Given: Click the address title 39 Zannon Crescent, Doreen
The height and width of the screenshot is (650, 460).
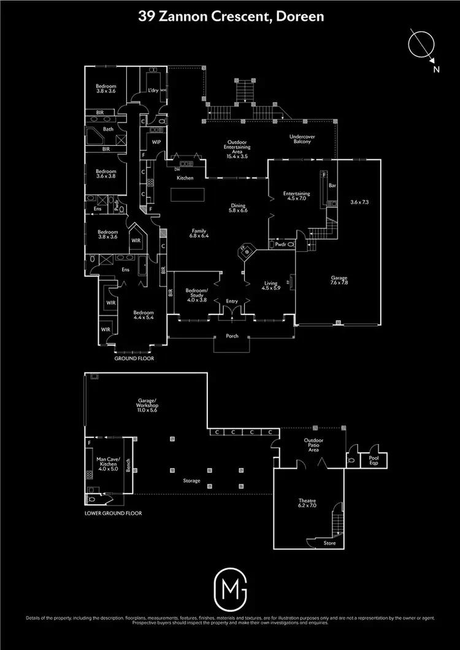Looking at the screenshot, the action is tap(230, 17).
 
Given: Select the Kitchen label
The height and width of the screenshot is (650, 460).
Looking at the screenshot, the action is tap(185, 178).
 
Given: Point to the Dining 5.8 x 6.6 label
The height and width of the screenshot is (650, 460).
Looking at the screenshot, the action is tap(238, 208).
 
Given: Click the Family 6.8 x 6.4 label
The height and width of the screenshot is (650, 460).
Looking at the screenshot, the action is tap(199, 233).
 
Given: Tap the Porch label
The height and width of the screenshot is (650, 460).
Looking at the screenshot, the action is tap(232, 336).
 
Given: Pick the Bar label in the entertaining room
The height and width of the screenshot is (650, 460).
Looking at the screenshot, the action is tap(333, 184).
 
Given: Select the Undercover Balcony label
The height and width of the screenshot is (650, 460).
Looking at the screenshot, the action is tap(301, 139).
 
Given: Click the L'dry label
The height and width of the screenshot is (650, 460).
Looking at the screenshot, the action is tap(153, 91).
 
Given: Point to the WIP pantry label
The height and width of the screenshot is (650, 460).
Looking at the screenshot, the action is tap(156, 142).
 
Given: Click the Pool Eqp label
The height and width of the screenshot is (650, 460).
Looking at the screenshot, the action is tap(373, 459).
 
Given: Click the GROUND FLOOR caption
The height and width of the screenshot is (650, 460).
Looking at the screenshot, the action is tap(134, 358).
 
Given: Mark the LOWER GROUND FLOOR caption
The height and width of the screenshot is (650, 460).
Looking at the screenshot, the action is tap(113, 513).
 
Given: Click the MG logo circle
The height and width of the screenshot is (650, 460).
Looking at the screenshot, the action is tap(230, 588).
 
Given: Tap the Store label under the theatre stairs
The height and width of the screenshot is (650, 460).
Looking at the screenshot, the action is tap(330, 543).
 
